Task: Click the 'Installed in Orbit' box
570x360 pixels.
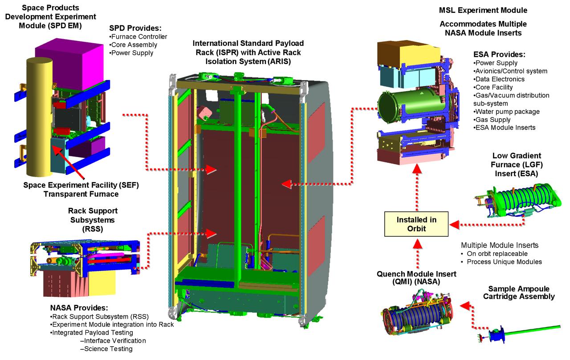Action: [x=417, y=224]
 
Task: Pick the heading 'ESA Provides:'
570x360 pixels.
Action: [x=499, y=54]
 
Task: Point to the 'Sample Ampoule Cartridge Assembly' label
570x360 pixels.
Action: [x=518, y=292]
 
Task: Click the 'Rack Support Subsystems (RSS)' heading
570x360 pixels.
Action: [x=93, y=220]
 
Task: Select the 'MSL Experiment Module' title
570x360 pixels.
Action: [x=483, y=10]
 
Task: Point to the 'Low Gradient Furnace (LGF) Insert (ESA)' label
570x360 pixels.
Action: [x=516, y=165]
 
